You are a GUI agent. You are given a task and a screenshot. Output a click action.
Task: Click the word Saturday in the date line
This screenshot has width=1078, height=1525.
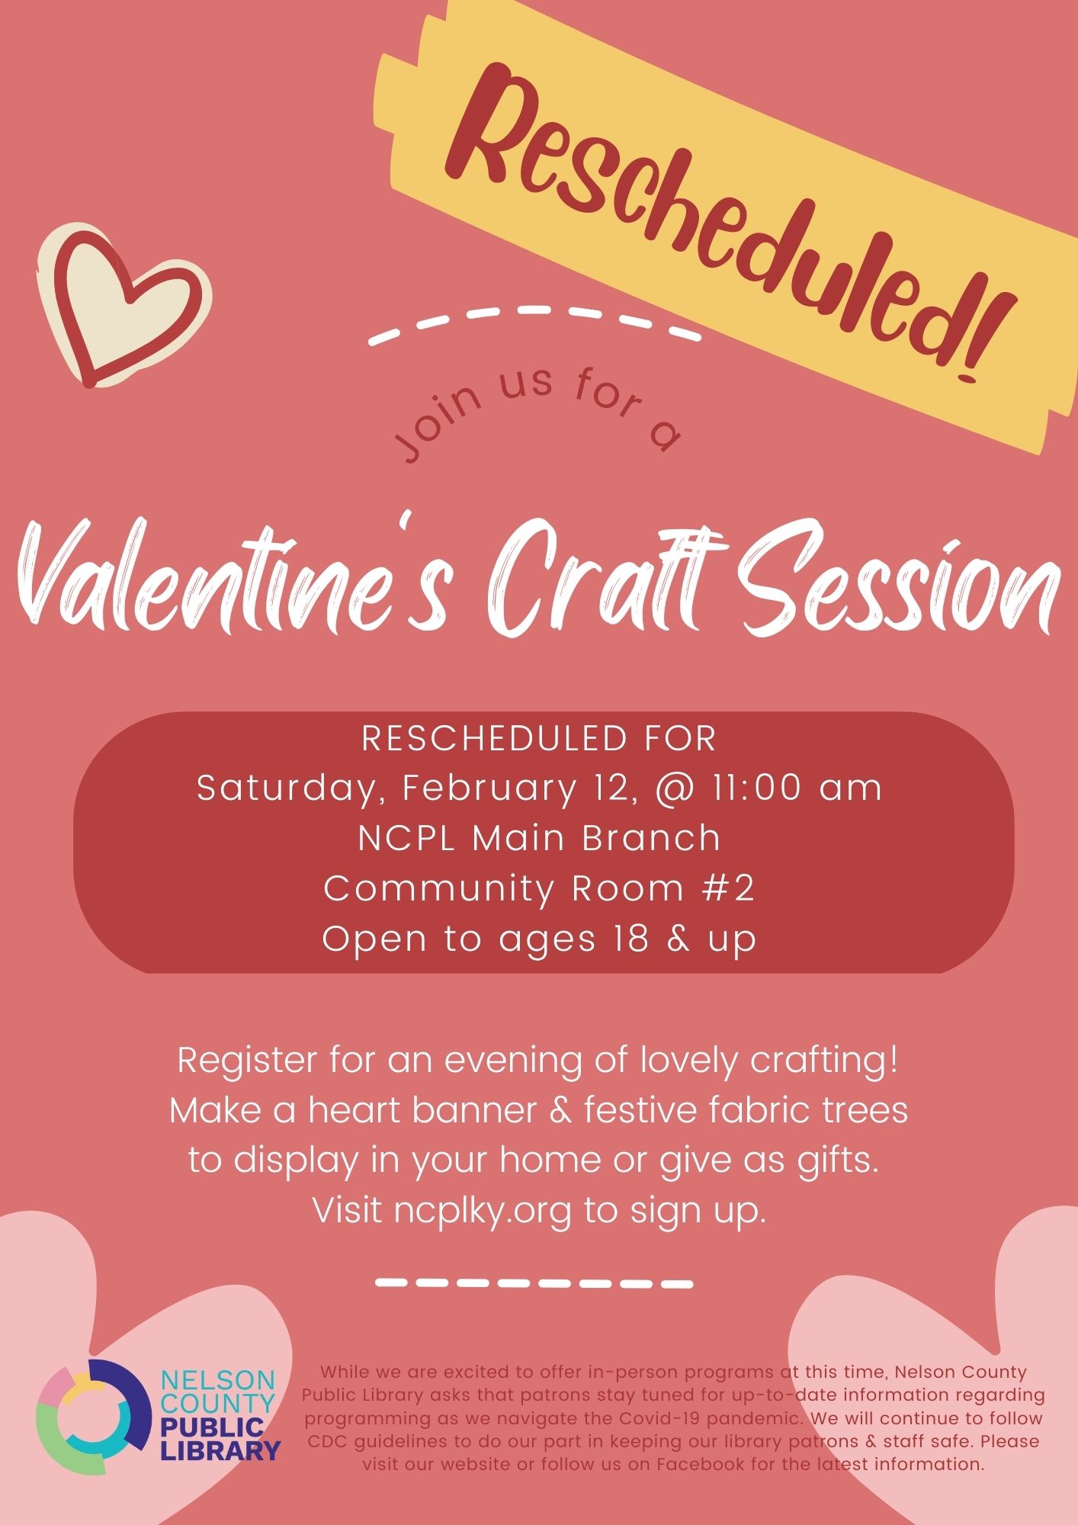coord(287,789)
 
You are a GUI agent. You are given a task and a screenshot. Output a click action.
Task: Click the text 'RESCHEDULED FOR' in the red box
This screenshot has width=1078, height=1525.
coord(539,739)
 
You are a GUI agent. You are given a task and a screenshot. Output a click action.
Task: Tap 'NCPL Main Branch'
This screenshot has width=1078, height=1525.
coord(539,839)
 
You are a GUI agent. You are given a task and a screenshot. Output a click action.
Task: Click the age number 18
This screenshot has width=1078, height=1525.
coord(630,939)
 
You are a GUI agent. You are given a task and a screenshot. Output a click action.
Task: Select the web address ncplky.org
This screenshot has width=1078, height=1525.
coord(483,1211)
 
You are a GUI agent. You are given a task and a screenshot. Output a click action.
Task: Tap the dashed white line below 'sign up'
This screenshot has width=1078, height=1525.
coord(534,1283)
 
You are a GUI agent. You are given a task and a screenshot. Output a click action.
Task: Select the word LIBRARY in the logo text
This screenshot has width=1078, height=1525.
coord(220,1450)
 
